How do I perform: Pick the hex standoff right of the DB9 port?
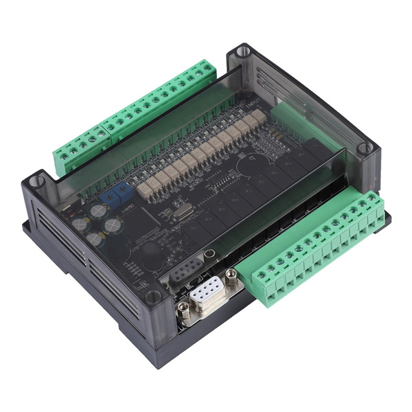[x=232, y=276]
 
